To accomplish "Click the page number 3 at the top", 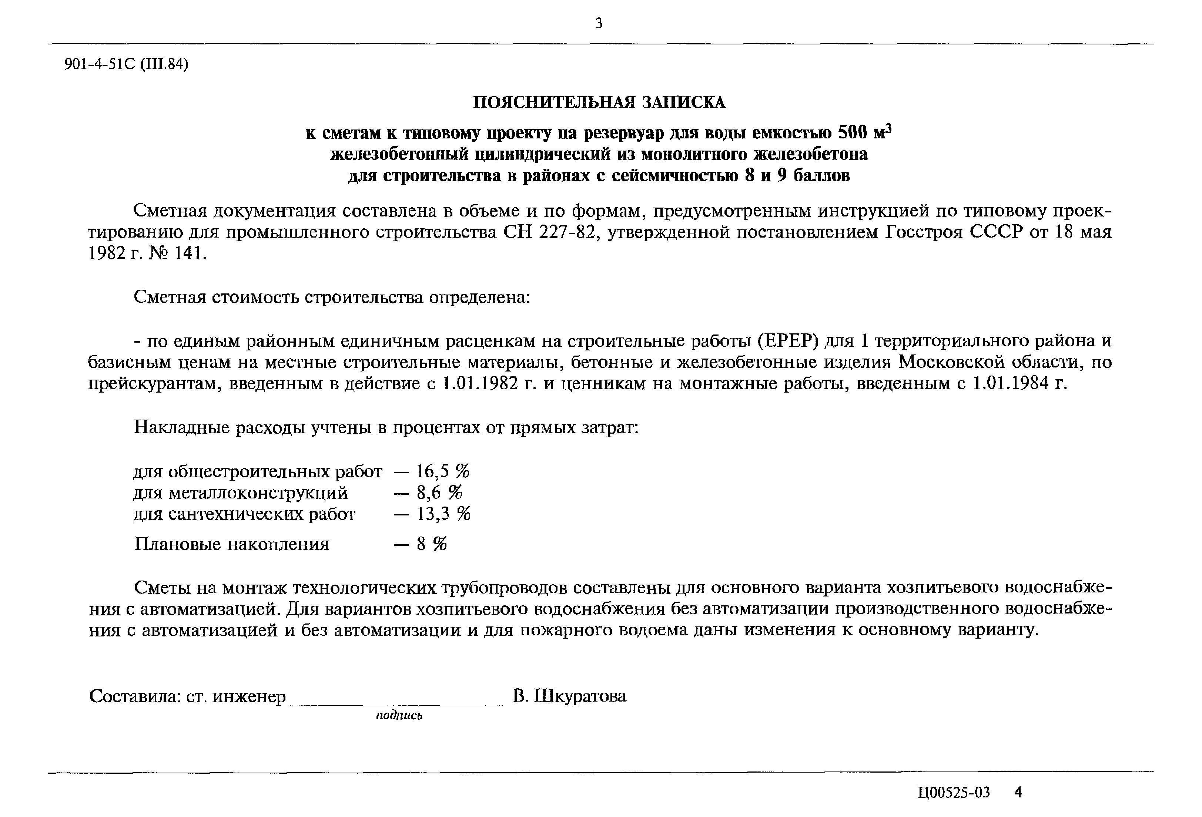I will click(599, 23).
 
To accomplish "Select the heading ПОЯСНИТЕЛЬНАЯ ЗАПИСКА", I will click(599, 102).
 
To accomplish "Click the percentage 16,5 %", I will click(443, 471).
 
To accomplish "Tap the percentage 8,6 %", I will click(439, 493).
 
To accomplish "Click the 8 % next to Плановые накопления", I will click(431, 544).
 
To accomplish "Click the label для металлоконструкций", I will click(241, 493).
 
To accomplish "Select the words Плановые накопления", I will click(232, 544).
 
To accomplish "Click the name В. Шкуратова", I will click(569, 696).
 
